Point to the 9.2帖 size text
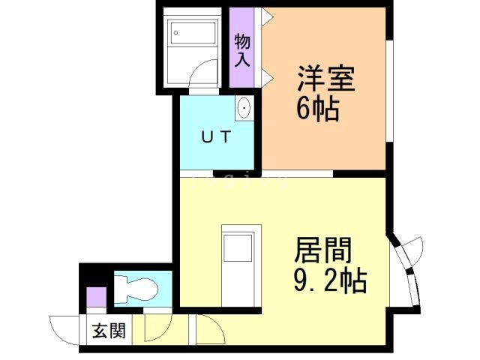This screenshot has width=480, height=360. click(328, 281)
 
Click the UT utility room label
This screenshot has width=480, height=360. click(217, 137)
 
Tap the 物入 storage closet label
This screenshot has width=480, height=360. click(241, 49)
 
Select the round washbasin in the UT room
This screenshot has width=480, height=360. click(244, 110)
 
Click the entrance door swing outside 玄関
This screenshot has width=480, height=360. click(64, 328)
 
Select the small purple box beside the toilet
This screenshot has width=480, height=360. click(96, 296)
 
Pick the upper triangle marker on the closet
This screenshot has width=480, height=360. click(265, 16)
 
